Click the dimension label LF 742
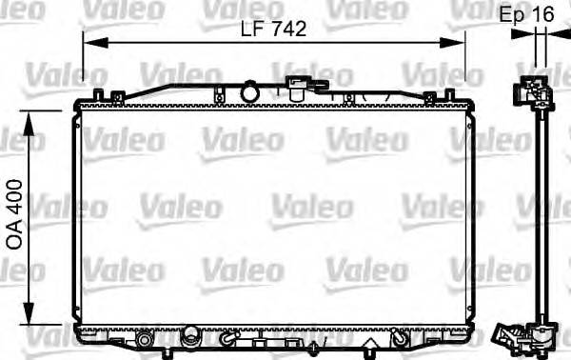point(275,30)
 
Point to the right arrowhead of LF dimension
point(458,40)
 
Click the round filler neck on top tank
point(250,91)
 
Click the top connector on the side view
point(533,91)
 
